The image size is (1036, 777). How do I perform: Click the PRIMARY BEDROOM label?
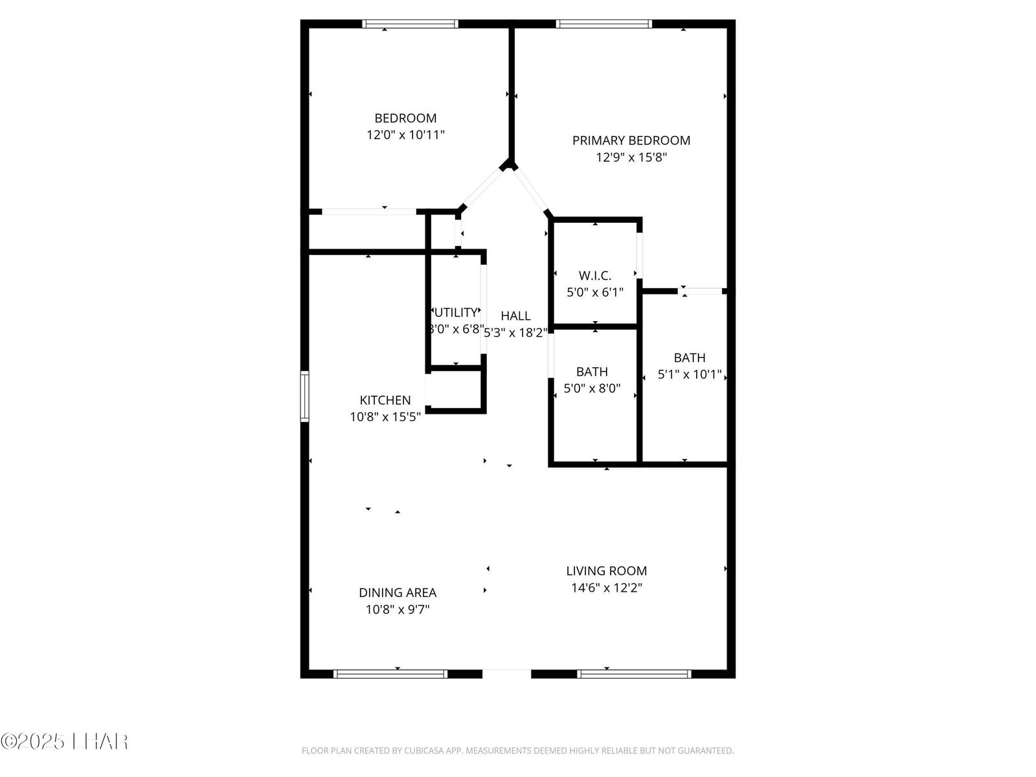coord(631,141)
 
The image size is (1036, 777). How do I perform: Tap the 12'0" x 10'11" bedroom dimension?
coord(405,135)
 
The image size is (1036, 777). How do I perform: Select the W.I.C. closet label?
coord(595,276)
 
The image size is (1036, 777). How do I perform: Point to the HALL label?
coord(515,316)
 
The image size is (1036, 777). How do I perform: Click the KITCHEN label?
coord(385,401)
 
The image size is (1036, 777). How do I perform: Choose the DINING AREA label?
coord(398,592)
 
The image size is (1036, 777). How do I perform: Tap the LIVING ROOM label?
coord(606,571)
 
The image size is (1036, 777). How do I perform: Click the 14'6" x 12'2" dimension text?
coord(606,588)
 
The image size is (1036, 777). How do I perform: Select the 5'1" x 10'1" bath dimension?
coord(690,374)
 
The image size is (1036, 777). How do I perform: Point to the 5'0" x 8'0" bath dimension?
coord(592,388)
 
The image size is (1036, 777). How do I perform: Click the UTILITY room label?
coord(456,313)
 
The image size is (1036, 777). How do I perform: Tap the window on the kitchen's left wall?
coord(304,396)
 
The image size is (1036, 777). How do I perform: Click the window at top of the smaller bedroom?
coord(410,24)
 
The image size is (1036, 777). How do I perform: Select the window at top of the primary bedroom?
coord(603,24)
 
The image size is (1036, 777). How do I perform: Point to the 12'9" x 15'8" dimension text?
coord(631,157)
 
